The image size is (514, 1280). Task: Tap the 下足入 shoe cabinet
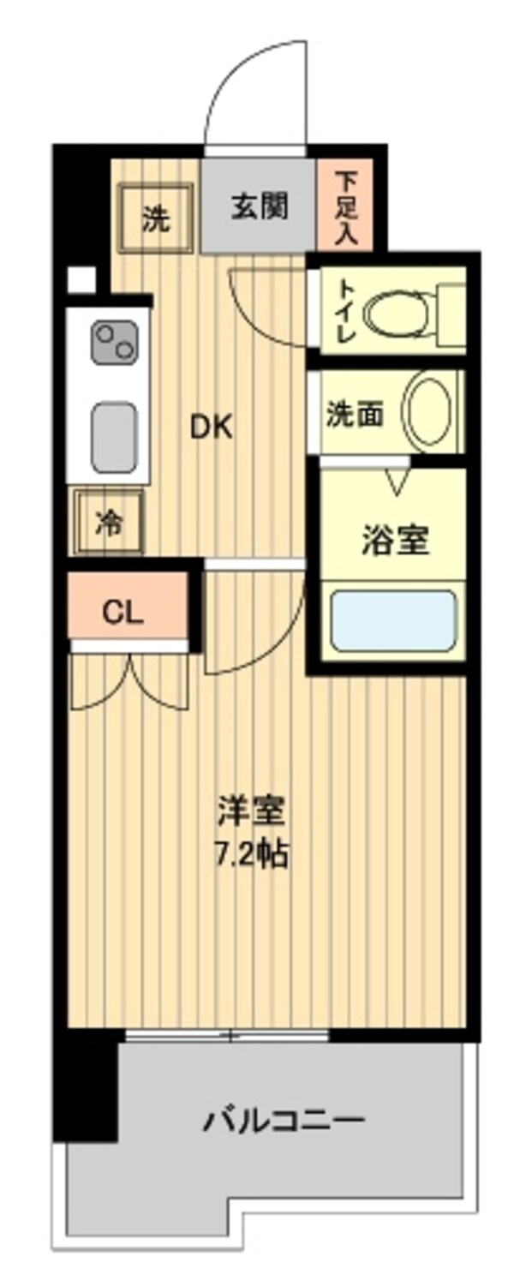[345, 208]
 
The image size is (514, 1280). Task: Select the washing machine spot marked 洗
[155, 219]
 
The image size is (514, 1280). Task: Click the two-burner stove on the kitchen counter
[113, 341]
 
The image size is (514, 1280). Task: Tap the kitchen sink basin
[113, 436]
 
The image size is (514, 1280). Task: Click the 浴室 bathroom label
[394, 541]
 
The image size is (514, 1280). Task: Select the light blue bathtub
[393, 619]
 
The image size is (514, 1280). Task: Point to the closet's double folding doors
[128, 682]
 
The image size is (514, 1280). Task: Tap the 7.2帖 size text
[250, 853]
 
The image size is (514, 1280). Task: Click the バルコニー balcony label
[284, 1119]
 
